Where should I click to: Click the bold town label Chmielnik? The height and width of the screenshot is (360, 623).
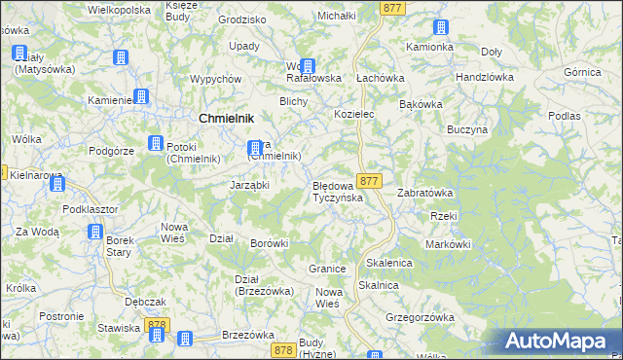click(x=227, y=118)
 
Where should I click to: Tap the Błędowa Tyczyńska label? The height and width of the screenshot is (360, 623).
click(x=337, y=192)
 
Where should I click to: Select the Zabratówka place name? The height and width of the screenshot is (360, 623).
click(x=424, y=193)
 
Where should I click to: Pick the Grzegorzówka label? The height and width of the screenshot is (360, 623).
click(x=421, y=317)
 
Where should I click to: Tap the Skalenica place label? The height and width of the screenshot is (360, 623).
click(x=389, y=263)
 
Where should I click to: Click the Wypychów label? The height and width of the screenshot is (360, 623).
click(x=216, y=78)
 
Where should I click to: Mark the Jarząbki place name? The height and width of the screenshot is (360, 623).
click(x=249, y=185)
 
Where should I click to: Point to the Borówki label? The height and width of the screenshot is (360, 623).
click(x=270, y=242)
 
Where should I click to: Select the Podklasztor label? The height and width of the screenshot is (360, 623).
click(x=90, y=209)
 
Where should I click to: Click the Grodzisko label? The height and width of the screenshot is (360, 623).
click(x=242, y=18)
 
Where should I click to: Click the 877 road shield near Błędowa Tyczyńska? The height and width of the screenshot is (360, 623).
click(x=368, y=181)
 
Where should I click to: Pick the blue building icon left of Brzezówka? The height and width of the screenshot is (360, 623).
click(x=185, y=337)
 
